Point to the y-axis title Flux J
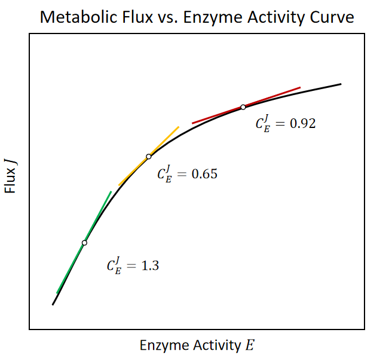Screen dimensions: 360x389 pyautogui.click(x=11, y=173)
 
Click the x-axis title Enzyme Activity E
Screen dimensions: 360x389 pyautogui.click(x=197, y=346)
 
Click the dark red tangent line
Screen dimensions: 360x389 pyautogui.click(x=275, y=96)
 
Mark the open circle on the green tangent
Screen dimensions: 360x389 pyautogui.click(x=84, y=243)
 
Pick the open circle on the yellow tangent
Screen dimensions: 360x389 pyautogui.click(x=149, y=157)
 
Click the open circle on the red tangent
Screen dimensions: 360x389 pyautogui.click(x=243, y=107)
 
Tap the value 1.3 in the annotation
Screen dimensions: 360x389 pyautogui.click(x=149, y=266)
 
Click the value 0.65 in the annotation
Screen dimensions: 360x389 pyautogui.click(x=204, y=175)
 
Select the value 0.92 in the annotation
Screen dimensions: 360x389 pyautogui.click(x=302, y=124)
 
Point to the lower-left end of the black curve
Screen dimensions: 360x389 pyautogui.click(x=53, y=304)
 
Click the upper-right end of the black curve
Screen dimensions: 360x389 pyautogui.click(x=341, y=84)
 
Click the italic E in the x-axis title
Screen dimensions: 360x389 pyautogui.click(x=249, y=346)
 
